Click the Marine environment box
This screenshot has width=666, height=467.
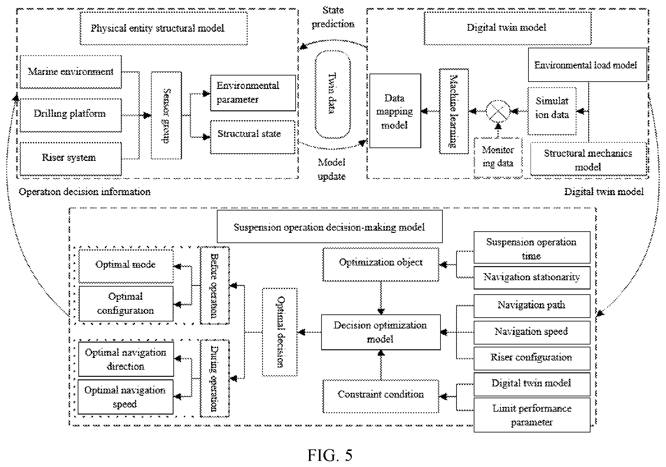click(x=71, y=72)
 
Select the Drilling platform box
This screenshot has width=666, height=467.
click(x=71, y=115)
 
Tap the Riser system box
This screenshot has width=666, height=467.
click(x=71, y=159)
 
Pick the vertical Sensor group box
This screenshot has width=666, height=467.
click(x=166, y=115)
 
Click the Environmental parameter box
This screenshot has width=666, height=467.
click(x=253, y=93)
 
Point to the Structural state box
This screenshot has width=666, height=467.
click(x=253, y=137)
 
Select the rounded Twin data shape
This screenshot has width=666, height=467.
click(x=333, y=94)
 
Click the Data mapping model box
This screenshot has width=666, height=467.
click(x=395, y=111)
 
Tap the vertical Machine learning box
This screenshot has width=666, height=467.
click(x=454, y=111)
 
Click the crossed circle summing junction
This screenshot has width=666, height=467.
click(x=498, y=111)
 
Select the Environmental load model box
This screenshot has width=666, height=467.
click(x=587, y=65)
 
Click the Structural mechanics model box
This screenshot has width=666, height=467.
click(x=589, y=159)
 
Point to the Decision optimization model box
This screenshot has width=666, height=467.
click(x=381, y=332)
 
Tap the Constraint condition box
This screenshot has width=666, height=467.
click(x=381, y=396)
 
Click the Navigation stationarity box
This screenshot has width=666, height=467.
click(x=532, y=278)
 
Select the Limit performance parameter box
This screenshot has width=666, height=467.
click(x=532, y=415)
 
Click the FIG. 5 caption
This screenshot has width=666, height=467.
click(x=330, y=455)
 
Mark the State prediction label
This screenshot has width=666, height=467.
click(x=333, y=17)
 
